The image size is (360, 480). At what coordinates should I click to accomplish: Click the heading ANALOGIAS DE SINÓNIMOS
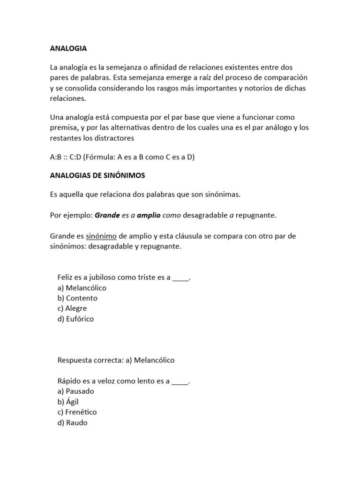click(x=97, y=175)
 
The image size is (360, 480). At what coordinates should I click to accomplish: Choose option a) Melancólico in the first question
click(x=82, y=287)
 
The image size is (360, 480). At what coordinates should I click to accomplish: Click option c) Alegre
click(x=72, y=308)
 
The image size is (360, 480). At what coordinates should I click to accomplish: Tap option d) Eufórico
click(x=75, y=319)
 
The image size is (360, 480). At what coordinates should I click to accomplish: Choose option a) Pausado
click(x=75, y=391)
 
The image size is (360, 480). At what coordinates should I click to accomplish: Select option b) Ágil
click(x=69, y=401)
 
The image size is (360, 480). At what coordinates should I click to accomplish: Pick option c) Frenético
click(x=77, y=412)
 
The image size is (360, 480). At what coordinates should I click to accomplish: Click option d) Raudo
click(x=72, y=422)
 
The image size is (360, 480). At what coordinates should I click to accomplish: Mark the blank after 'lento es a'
click(x=180, y=381)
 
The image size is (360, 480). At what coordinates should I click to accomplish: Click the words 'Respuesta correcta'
click(x=90, y=360)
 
